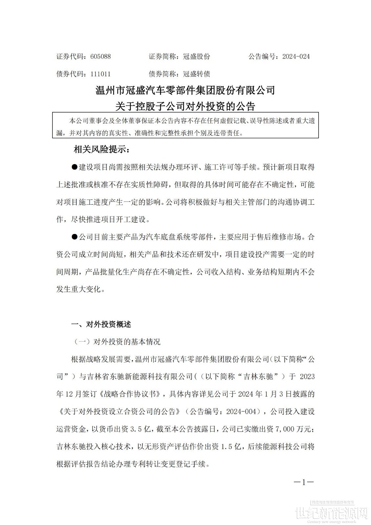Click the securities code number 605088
click(x=100, y=56)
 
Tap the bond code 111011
click(x=100, y=74)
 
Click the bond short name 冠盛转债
click(x=196, y=74)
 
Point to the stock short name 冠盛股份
click(x=196, y=56)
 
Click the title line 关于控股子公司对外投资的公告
click(x=185, y=106)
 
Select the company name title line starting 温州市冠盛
click(x=185, y=90)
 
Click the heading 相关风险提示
click(x=102, y=150)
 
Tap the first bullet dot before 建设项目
click(x=74, y=167)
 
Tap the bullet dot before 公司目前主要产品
click(x=74, y=237)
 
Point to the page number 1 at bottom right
click(x=304, y=482)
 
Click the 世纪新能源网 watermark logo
click(x=331, y=514)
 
